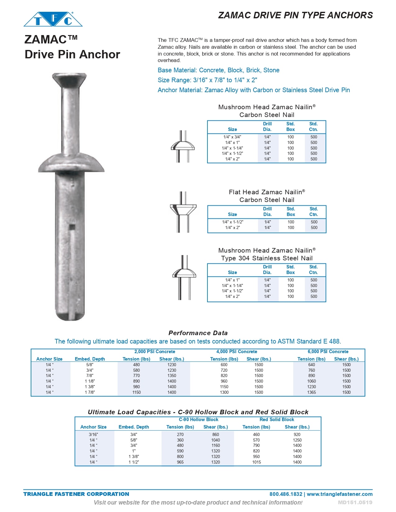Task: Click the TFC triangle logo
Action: pos(53,19)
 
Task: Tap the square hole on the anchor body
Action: pos(72,227)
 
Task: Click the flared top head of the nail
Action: pos(69,79)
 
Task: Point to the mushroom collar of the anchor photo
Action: pos(71,163)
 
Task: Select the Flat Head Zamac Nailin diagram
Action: pos(183,212)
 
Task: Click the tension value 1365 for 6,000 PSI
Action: pos(312,392)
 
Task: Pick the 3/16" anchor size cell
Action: pos(93,434)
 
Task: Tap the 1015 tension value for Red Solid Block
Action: pos(257,462)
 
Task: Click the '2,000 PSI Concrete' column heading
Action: pos(155,352)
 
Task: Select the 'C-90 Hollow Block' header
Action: pos(198,420)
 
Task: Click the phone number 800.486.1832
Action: pos(286,494)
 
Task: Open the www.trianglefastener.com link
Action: pos(340,494)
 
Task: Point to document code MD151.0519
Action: pos(355,502)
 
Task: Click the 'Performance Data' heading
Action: pos(198,333)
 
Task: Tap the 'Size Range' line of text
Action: pos(207,80)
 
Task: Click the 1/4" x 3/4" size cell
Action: pos(232,137)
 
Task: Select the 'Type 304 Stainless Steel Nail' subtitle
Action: pos(267,258)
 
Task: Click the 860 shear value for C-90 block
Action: pos(216,434)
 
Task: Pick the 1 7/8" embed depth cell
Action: pos(90,392)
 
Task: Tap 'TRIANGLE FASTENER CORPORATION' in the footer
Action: pos(76,494)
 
